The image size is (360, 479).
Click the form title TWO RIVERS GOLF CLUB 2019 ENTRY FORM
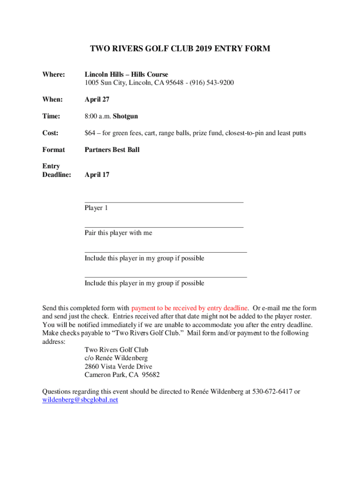[180, 49]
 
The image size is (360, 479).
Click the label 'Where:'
[53, 74]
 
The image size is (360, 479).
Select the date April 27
[97, 100]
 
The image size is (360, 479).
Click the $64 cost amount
[90, 133]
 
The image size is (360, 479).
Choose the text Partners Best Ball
[112, 150]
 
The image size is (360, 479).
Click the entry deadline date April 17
[97, 175]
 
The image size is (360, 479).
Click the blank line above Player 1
[164, 202]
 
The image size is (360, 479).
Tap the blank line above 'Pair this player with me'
[164, 227]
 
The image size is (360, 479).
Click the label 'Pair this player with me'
[118, 233]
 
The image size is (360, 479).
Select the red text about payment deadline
[189, 308]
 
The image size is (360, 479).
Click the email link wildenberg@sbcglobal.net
[80, 400]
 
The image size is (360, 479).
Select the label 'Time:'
[51, 116]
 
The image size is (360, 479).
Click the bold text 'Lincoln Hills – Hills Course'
[126, 74]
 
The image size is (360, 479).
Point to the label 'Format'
[53, 150]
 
